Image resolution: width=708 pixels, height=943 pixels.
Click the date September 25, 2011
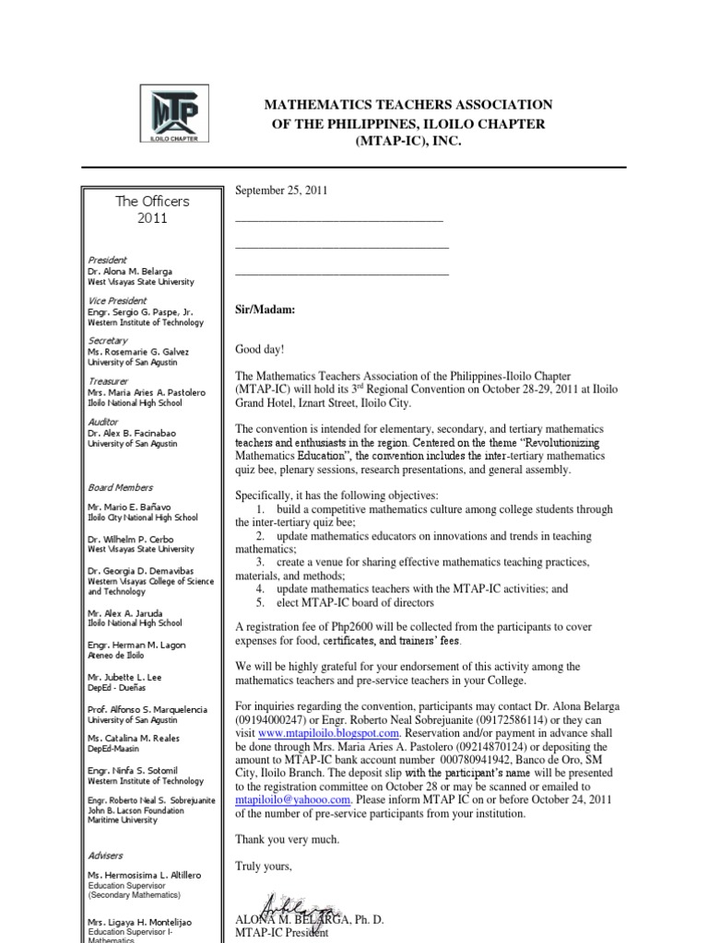tap(281, 191)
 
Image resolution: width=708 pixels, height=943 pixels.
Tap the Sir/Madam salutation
tap(265, 310)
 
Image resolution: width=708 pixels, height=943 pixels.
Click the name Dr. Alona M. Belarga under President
tap(130, 272)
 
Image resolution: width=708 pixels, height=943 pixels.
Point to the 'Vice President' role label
tap(117, 300)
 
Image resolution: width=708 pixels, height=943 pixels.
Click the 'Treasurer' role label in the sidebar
tap(108, 380)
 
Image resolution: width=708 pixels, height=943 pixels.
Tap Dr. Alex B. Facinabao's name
tap(133, 433)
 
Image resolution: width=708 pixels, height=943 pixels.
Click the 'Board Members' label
tap(121, 487)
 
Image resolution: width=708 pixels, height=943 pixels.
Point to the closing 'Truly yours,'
tap(264, 867)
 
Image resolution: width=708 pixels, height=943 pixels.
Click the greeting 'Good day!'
tap(261, 350)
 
